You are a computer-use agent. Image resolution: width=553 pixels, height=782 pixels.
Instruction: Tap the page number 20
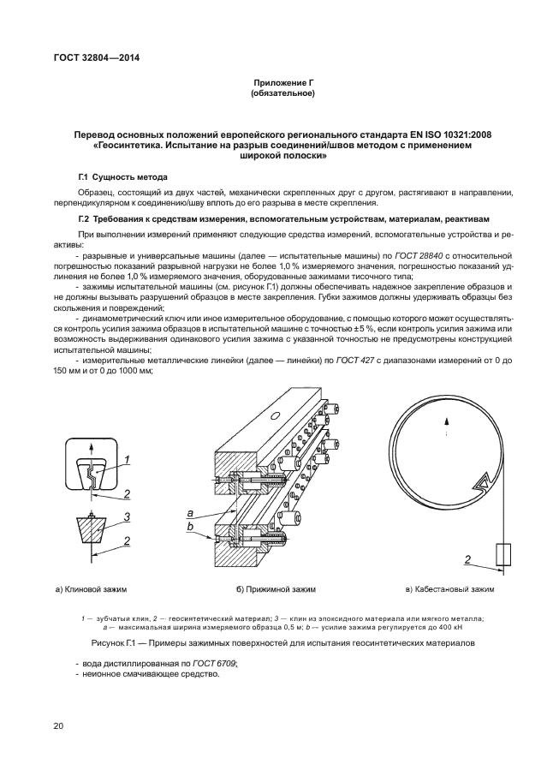tap(58, 726)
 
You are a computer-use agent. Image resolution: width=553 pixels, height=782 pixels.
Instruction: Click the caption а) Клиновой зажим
tap(91, 590)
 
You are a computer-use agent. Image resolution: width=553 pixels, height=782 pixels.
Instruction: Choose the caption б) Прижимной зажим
tap(276, 590)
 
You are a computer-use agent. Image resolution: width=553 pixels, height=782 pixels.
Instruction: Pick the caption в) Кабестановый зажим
tap(449, 590)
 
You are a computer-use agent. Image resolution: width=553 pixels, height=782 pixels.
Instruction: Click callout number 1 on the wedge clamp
tap(126, 460)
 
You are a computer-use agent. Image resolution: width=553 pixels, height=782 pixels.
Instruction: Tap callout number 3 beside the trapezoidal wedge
tap(126, 516)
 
